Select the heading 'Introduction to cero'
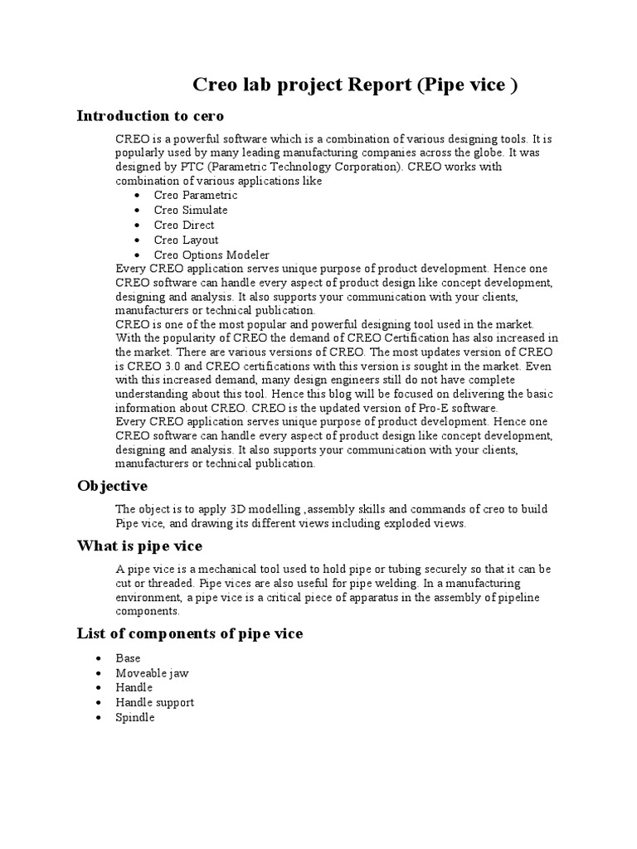click(x=150, y=115)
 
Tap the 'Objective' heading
click(x=112, y=485)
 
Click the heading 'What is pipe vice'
click(x=139, y=546)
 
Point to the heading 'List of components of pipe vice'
click(x=190, y=633)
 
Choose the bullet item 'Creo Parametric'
click(x=196, y=196)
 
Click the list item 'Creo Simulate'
click(x=191, y=211)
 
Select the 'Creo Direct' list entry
click(x=184, y=226)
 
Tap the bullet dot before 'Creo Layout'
click(x=136, y=240)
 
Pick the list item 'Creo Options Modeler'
click(x=212, y=255)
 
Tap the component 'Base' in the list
click(x=129, y=658)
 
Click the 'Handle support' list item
click(x=155, y=702)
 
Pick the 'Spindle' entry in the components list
click(x=135, y=717)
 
